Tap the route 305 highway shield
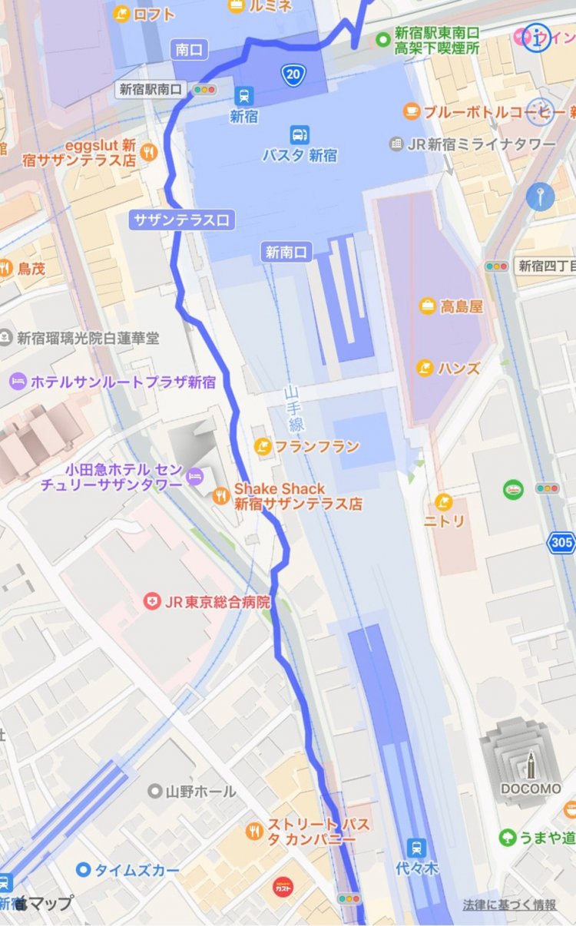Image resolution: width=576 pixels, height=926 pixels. (x=561, y=543)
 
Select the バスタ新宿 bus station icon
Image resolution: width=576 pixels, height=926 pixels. (x=300, y=134)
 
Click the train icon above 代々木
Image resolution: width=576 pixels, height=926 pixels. (x=417, y=848)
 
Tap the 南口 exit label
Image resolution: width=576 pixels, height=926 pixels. (x=189, y=50)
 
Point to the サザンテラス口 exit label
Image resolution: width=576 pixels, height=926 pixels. (x=181, y=220)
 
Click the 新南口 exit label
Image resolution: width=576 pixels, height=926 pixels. (x=286, y=251)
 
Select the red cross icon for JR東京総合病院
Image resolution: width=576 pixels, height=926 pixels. (x=152, y=601)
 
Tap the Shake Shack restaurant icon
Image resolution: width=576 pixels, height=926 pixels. (x=221, y=496)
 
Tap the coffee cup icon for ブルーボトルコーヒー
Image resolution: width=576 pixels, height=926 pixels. (x=412, y=111)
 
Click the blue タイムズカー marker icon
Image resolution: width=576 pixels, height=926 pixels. (x=83, y=870)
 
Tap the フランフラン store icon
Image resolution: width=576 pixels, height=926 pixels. (x=263, y=446)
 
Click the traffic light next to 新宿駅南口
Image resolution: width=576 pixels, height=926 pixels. (x=204, y=90)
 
